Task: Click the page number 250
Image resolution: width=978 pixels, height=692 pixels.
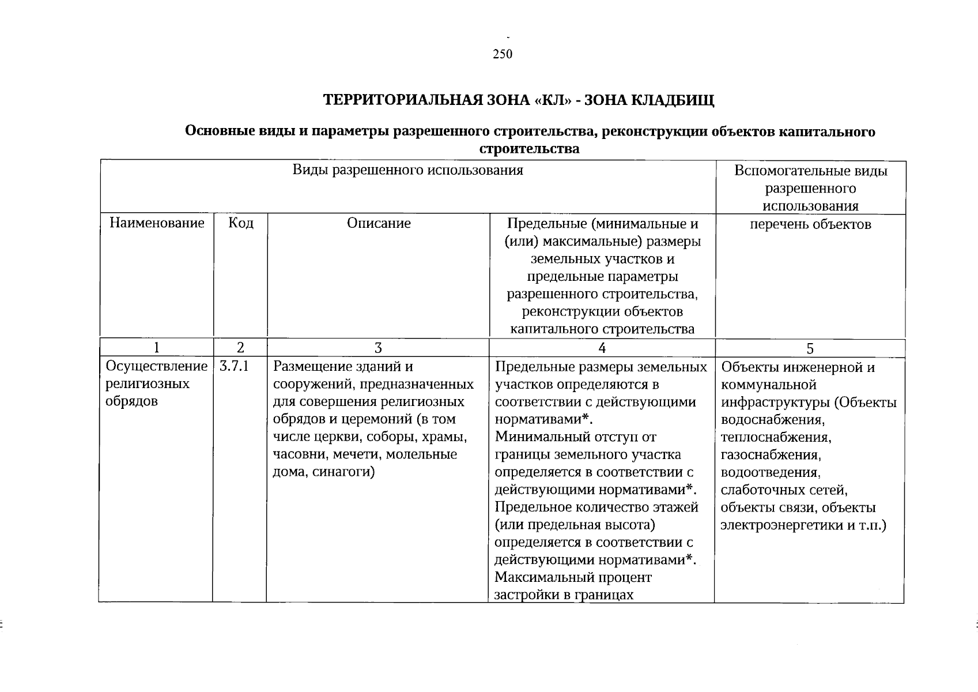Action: tap(503, 54)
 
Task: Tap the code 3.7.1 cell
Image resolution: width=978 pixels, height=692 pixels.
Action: tap(234, 366)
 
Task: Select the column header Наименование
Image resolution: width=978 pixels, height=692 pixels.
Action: tap(157, 223)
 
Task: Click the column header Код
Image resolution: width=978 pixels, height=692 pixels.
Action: tap(240, 223)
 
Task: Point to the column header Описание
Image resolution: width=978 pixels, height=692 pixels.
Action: tap(379, 223)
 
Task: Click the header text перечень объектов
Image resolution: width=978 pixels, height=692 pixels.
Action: tap(810, 224)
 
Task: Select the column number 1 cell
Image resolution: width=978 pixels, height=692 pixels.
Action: tap(156, 348)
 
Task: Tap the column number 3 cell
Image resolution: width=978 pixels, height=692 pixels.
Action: tap(378, 348)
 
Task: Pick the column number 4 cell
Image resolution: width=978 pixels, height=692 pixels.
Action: tap(602, 348)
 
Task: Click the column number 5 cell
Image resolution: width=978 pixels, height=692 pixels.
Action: tap(810, 348)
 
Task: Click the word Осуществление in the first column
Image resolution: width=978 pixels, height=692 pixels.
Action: tap(156, 366)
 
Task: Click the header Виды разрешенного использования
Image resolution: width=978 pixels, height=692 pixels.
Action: tap(407, 170)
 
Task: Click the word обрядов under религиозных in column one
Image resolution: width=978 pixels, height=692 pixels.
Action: tap(131, 401)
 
